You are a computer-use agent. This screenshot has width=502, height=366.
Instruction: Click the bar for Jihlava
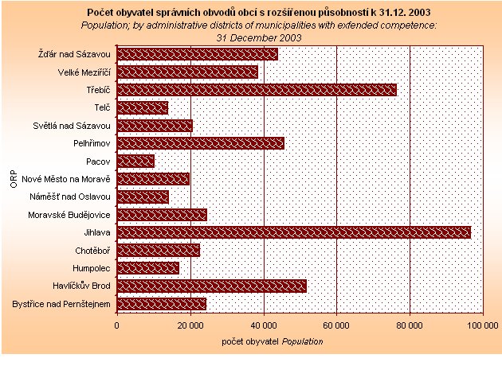pos(293,232)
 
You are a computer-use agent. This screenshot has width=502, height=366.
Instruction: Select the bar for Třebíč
pos(257,90)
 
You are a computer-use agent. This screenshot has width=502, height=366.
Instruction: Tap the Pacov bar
pos(135,162)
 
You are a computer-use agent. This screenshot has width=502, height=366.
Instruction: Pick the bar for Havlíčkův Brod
pos(211,286)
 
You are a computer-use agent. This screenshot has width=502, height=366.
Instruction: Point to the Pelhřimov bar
pos(200,143)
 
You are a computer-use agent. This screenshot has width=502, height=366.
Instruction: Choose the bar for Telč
pos(142,107)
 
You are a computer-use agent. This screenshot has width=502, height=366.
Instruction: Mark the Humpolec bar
pos(147,268)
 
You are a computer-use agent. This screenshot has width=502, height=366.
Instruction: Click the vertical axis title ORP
pos(14,180)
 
